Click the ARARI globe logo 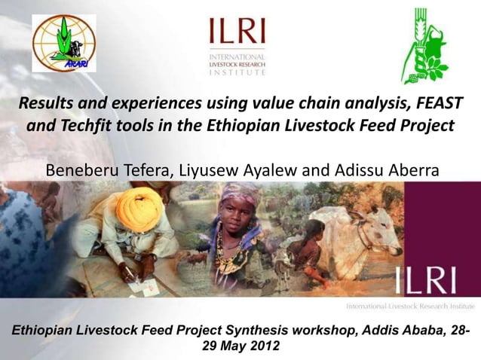point(63,43)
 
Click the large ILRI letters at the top point(238,32)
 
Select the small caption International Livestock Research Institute point(410,307)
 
